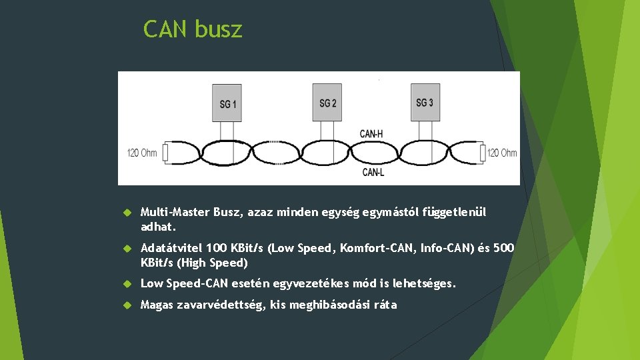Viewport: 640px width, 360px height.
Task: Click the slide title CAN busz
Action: point(193,29)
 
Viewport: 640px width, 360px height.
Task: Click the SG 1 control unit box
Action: point(227,103)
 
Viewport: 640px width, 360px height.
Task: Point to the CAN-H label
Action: point(371,133)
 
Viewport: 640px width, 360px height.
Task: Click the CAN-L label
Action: point(373,172)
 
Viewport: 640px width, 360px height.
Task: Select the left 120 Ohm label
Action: point(142,153)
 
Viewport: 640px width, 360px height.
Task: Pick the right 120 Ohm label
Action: point(502,153)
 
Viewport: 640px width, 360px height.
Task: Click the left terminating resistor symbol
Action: point(165,153)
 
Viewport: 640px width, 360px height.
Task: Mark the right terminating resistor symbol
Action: point(482,153)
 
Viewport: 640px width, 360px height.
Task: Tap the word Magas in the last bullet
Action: point(157,305)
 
